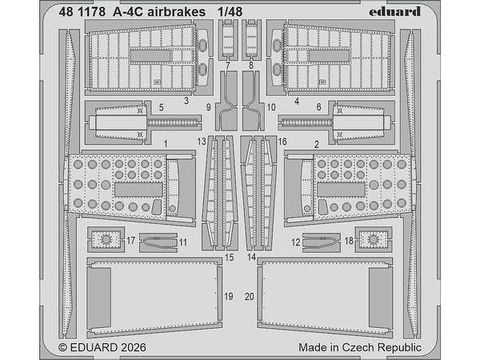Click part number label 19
[229, 296]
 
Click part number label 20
[250, 296]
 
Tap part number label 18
[349, 241]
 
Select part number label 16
[282, 139]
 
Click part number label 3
[186, 102]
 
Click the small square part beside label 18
[373, 238]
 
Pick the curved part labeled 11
[158, 239]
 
